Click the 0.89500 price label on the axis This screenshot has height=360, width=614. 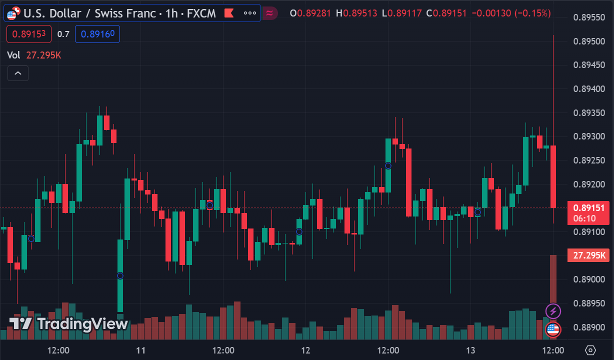click(588, 41)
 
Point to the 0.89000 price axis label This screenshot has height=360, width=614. click(588, 279)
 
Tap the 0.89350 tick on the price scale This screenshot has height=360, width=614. click(588, 113)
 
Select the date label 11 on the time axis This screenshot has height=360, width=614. click(140, 350)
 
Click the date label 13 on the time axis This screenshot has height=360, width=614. click(470, 350)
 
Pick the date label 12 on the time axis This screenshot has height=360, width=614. click(305, 350)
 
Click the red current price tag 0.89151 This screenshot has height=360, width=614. click(588, 208)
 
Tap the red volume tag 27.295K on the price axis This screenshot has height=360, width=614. click(588, 255)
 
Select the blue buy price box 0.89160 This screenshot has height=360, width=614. click(97, 34)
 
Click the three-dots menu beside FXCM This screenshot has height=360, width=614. click(249, 13)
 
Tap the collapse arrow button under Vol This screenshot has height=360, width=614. click(18, 73)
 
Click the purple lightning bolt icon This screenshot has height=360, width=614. click(553, 311)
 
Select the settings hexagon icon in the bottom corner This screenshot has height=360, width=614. click(590, 350)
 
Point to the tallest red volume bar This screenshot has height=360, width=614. click(553, 280)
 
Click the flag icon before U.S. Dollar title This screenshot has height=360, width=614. click(14, 13)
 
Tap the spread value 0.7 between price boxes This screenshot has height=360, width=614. click(63, 34)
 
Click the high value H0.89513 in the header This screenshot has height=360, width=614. click(356, 13)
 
